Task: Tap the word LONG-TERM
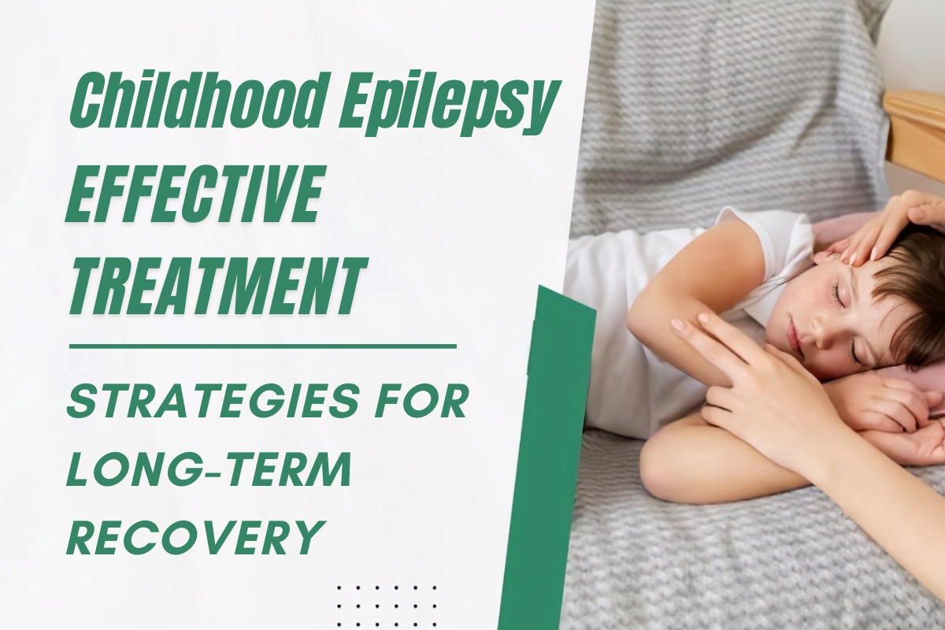[x=208, y=471]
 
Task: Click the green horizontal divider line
[x=262, y=346]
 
